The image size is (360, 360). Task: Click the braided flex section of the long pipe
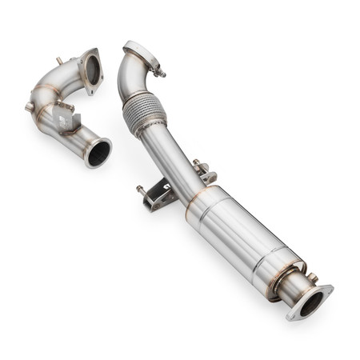click(144, 112)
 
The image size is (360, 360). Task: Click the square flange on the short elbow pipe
click(90, 71)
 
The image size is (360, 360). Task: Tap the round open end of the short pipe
click(98, 152)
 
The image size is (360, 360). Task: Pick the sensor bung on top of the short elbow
click(59, 61)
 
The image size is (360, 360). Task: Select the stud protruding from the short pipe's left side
click(30, 106)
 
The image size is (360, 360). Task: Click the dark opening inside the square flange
click(92, 70)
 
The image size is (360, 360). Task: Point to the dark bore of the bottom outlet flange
click(311, 302)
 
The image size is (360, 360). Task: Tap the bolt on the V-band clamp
click(161, 72)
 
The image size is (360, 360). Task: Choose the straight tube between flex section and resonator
click(176, 160)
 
